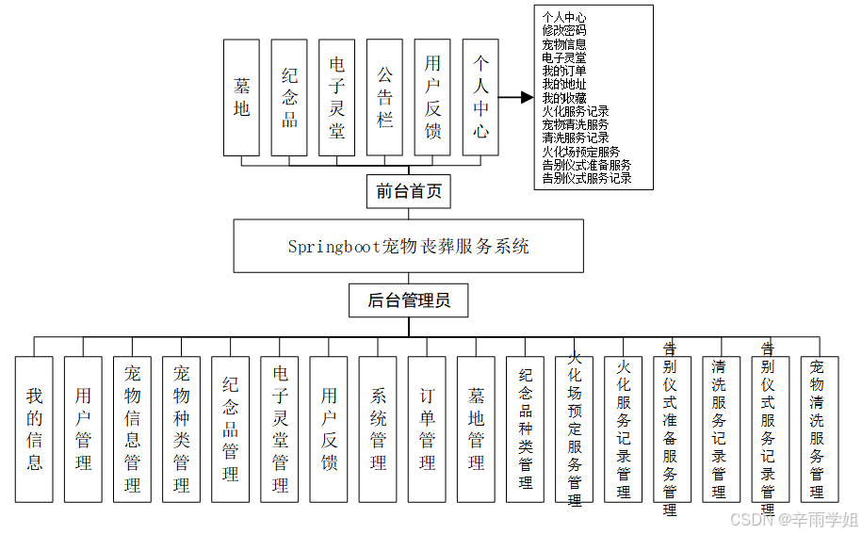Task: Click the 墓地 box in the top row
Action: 241,97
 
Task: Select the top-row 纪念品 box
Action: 289,97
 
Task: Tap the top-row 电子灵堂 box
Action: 337,97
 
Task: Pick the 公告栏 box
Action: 384,97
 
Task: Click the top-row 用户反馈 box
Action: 432,97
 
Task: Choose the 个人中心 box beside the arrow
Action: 480,97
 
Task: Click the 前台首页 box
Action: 408,191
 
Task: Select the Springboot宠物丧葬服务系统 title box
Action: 408,246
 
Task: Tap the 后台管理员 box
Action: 408,301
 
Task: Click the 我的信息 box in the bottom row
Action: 35,429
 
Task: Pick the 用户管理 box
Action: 84,429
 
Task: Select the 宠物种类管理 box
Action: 182,429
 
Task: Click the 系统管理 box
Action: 378,429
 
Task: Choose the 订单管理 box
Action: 427,429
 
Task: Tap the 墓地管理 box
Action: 476,429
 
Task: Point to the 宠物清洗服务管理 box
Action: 817,429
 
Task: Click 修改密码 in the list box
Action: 564,30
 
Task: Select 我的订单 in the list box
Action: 564,71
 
